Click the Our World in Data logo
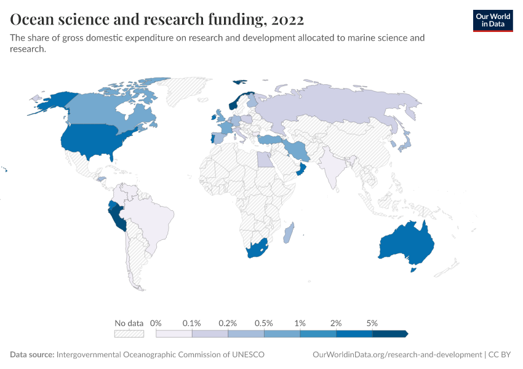click(492, 20)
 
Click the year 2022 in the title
click(287, 20)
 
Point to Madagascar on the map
click(289, 233)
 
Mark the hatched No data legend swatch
click(129, 334)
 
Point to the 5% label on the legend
click(372, 323)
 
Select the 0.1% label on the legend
click(192, 323)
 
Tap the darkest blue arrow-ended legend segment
click(389, 334)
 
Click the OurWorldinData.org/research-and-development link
click(397, 355)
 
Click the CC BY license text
click(501, 355)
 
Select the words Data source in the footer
click(32, 355)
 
